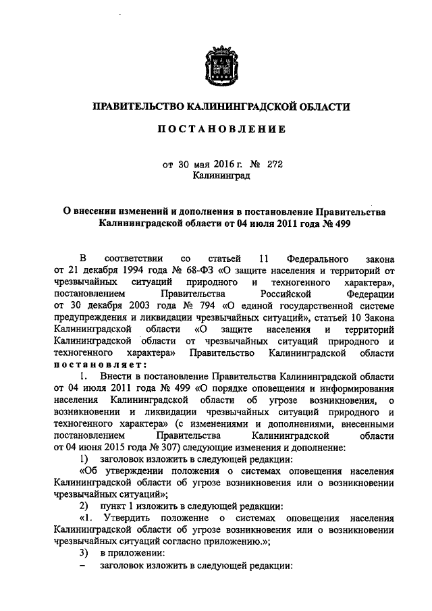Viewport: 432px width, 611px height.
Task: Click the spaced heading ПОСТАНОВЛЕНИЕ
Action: [x=216, y=129]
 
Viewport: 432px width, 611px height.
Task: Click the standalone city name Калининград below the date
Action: [x=216, y=176]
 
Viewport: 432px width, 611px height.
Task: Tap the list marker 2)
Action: [x=84, y=506]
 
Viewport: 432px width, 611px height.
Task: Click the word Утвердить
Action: [x=126, y=519]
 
